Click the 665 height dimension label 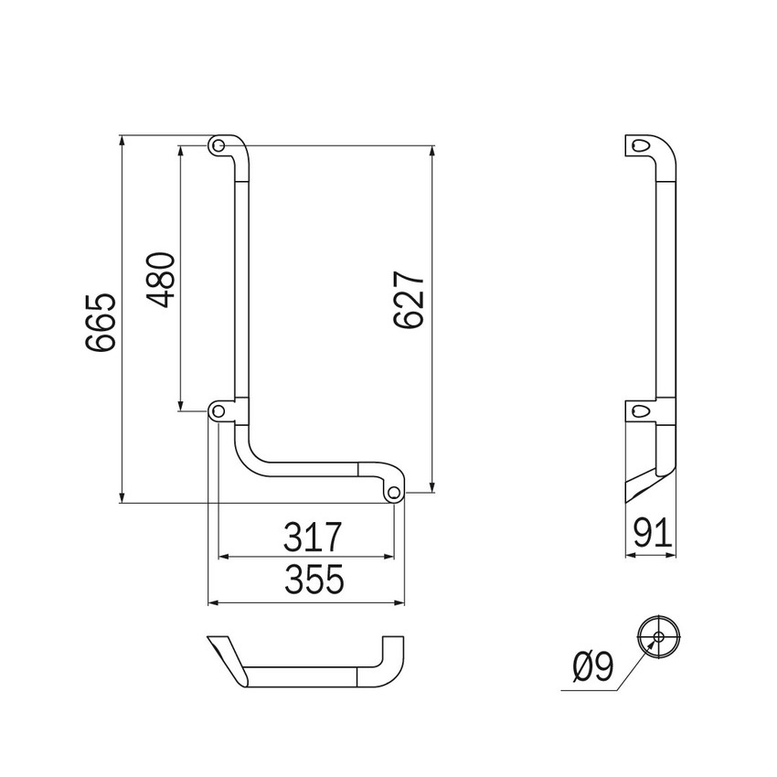click(100, 322)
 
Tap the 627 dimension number click(409, 300)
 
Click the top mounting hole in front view click(218, 145)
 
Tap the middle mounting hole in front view click(218, 411)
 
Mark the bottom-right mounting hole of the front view click(394, 493)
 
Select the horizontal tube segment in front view click(311, 468)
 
